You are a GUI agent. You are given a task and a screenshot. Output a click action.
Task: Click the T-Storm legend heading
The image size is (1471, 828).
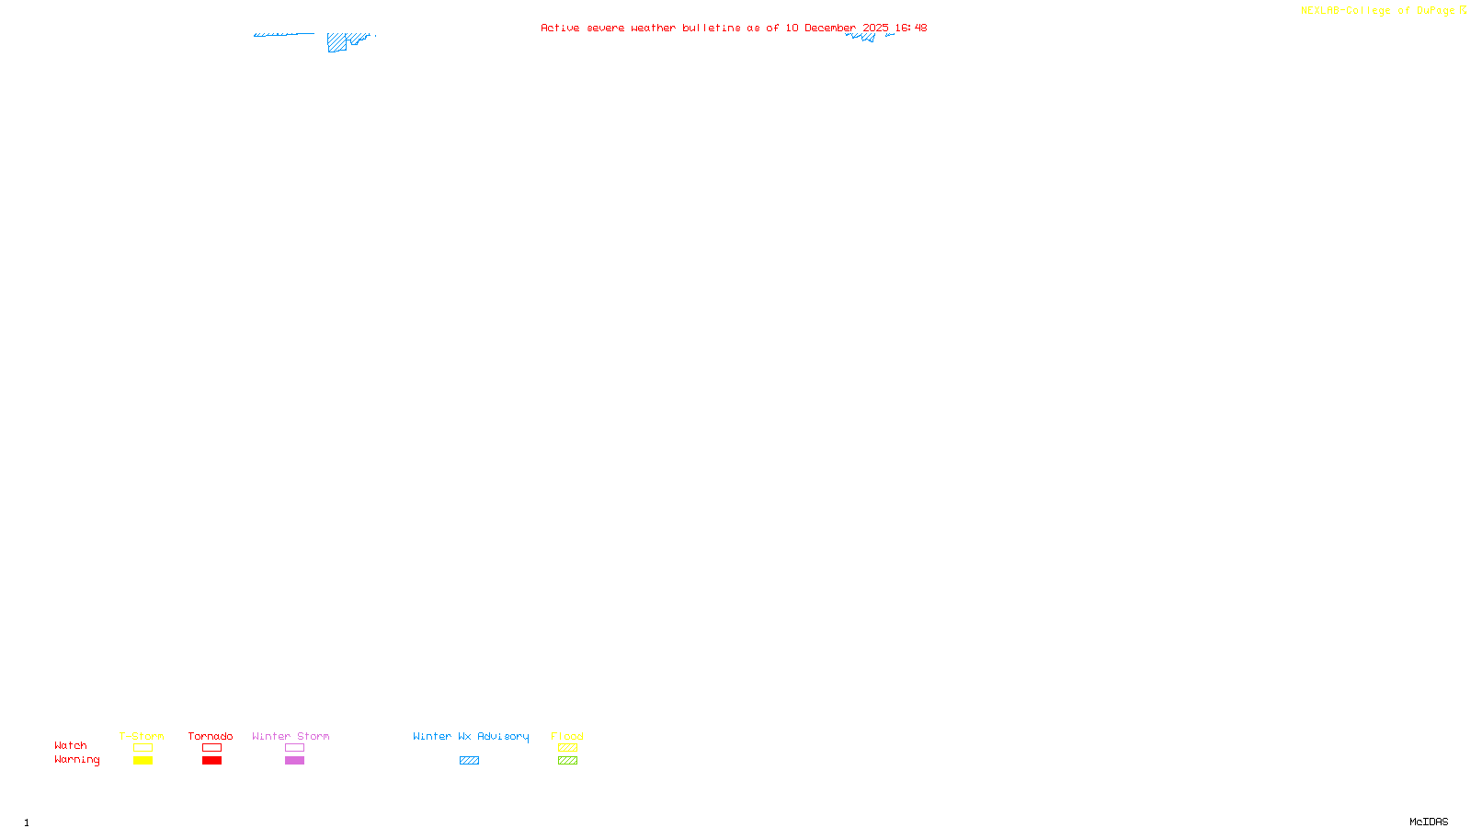coord(142,736)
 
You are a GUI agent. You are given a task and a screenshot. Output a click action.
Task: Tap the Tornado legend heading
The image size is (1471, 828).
coord(211,736)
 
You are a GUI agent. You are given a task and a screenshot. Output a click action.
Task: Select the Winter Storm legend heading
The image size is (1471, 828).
coord(291,736)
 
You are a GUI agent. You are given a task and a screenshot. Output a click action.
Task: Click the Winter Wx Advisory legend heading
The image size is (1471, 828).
coord(471,736)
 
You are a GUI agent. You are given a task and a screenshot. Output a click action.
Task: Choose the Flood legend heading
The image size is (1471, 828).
coord(567,736)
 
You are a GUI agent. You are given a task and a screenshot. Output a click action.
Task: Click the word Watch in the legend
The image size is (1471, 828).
coord(71,745)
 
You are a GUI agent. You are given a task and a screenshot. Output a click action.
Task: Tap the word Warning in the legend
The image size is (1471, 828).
coord(77,760)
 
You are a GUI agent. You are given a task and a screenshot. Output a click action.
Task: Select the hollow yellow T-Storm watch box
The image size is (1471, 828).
coord(143,748)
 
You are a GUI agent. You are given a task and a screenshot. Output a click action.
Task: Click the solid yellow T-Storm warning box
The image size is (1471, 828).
coord(143,761)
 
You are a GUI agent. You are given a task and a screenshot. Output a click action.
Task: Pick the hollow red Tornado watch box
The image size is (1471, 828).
coord(211,748)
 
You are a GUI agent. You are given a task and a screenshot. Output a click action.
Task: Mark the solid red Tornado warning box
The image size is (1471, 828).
coord(211,761)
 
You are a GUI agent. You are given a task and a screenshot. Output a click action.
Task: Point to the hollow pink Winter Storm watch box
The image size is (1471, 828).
coord(294,748)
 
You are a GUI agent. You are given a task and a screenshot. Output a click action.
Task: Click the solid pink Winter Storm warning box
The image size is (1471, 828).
coord(294,761)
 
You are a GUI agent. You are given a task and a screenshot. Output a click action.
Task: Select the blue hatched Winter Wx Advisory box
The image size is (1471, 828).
coord(469,761)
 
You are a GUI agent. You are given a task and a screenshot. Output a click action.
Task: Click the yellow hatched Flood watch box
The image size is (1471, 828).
coord(567,748)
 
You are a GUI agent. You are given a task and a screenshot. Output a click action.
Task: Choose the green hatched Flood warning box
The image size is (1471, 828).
coord(567,761)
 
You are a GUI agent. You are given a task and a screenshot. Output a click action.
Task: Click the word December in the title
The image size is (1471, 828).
coord(830,28)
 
